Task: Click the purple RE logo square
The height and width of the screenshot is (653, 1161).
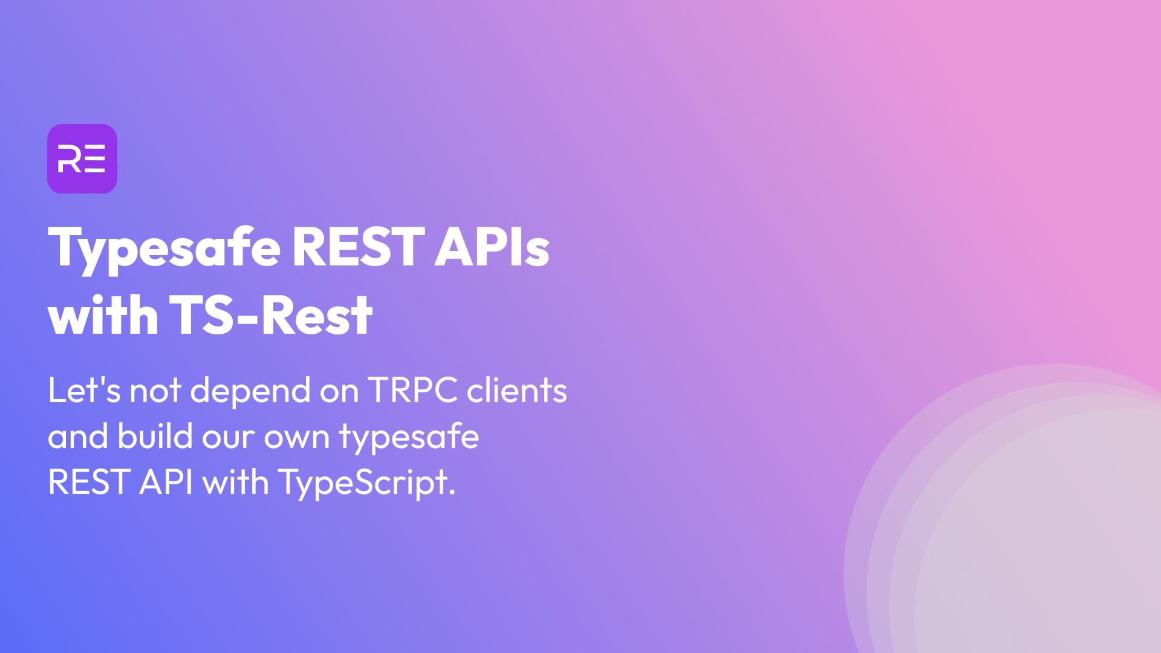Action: pyautogui.click(x=82, y=158)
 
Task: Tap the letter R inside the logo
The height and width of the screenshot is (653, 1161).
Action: pyautogui.click(x=70, y=158)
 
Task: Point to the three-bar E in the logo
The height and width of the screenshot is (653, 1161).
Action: pyautogui.click(x=95, y=158)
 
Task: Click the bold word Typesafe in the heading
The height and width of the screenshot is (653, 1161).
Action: pyautogui.click(x=164, y=249)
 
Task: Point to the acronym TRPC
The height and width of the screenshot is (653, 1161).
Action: pyautogui.click(x=412, y=390)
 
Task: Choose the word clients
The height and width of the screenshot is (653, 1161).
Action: pyautogui.click(x=517, y=390)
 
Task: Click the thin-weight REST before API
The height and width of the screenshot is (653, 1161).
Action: pyautogui.click(x=89, y=482)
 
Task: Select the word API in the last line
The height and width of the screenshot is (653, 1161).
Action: pyautogui.click(x=166, y=482)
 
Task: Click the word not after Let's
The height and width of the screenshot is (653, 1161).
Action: pyautogui.click(x=155, y=391)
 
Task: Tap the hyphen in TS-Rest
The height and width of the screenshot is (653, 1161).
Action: pyautogui.click(x=248, y=318)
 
